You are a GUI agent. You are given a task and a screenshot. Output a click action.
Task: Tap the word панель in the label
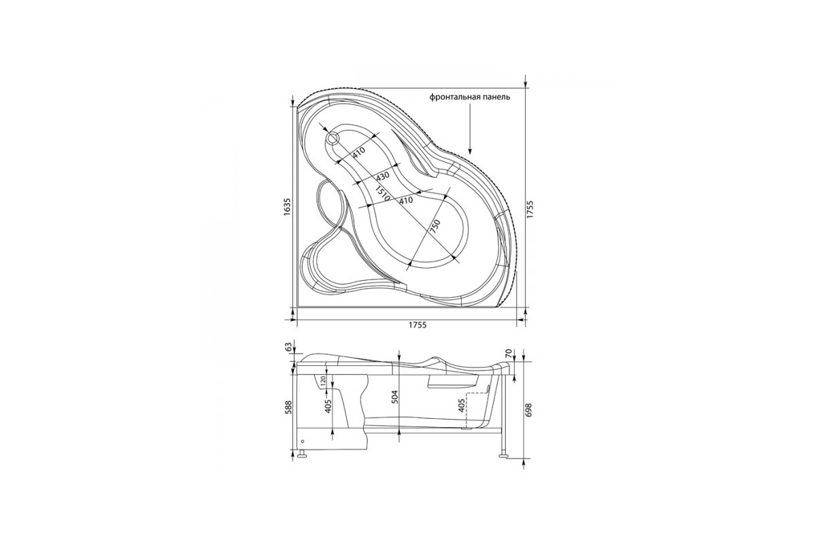(494, 98)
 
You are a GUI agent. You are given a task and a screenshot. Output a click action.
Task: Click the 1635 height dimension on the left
(288, 207)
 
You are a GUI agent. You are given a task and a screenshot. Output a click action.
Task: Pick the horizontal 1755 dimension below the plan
(417, 325)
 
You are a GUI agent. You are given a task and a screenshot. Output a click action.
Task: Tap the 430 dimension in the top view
(383, 176)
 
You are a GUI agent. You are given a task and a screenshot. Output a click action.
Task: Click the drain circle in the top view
(333, 138)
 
